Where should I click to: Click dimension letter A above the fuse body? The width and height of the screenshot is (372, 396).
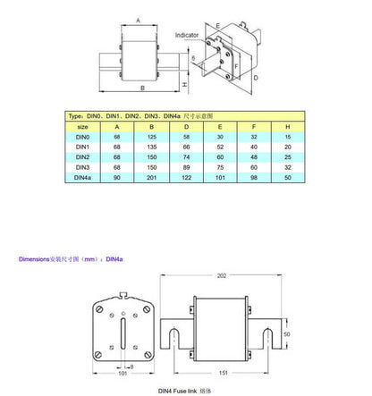[x=137, y=18]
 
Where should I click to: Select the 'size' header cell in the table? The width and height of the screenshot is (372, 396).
[x=83, y=127]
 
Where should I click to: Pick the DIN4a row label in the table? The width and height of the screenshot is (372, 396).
[x=83, y=178]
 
